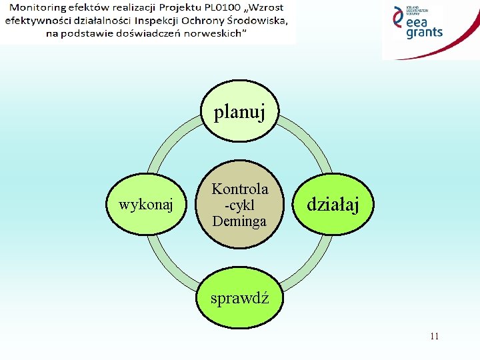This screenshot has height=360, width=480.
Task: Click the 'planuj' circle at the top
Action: tap(239, 111)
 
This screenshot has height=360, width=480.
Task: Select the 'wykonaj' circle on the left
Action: tap(145, 205)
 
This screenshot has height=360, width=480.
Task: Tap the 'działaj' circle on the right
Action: tap(333, 205)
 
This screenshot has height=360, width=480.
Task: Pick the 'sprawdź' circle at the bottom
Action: tap(239, 297)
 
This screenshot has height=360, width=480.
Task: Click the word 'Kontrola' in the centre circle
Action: tap(239, 189)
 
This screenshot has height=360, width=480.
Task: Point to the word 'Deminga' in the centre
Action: tap(239, 221)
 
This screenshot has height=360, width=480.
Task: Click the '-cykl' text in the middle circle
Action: tap(239, 205)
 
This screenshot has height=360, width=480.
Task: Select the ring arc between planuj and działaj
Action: tap(307, 140)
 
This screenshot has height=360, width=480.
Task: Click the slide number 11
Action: tap(435, 336)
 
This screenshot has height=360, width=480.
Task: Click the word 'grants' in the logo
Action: tap(424, 33)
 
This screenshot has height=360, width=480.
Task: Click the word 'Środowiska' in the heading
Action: tap(257, 20)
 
